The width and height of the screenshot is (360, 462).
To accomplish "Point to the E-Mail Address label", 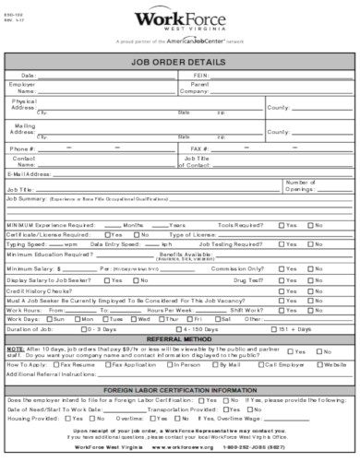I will [x=29, y=172].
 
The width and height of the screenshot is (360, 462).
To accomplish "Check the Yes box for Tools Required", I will [x=279, y=224].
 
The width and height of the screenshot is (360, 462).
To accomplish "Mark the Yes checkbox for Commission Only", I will [x=279, y=267].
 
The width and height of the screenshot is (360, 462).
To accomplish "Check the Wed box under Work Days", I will [x=134, y=318].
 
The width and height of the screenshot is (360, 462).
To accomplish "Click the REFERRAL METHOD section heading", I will [x=179, y=339].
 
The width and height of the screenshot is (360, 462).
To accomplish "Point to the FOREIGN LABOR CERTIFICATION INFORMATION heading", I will [x=179, y=390].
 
